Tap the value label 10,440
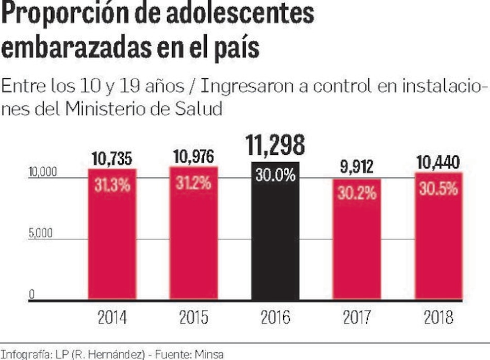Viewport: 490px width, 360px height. pos(438,163)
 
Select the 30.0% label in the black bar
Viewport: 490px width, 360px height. pos(275,176)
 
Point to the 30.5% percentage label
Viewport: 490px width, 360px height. pos(438,189)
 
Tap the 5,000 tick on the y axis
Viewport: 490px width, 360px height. pos(40,233)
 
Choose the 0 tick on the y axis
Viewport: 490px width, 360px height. pos(31,294)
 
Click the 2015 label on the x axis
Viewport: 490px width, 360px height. pos(193,317)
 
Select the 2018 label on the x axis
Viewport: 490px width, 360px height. pos(438,317)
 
